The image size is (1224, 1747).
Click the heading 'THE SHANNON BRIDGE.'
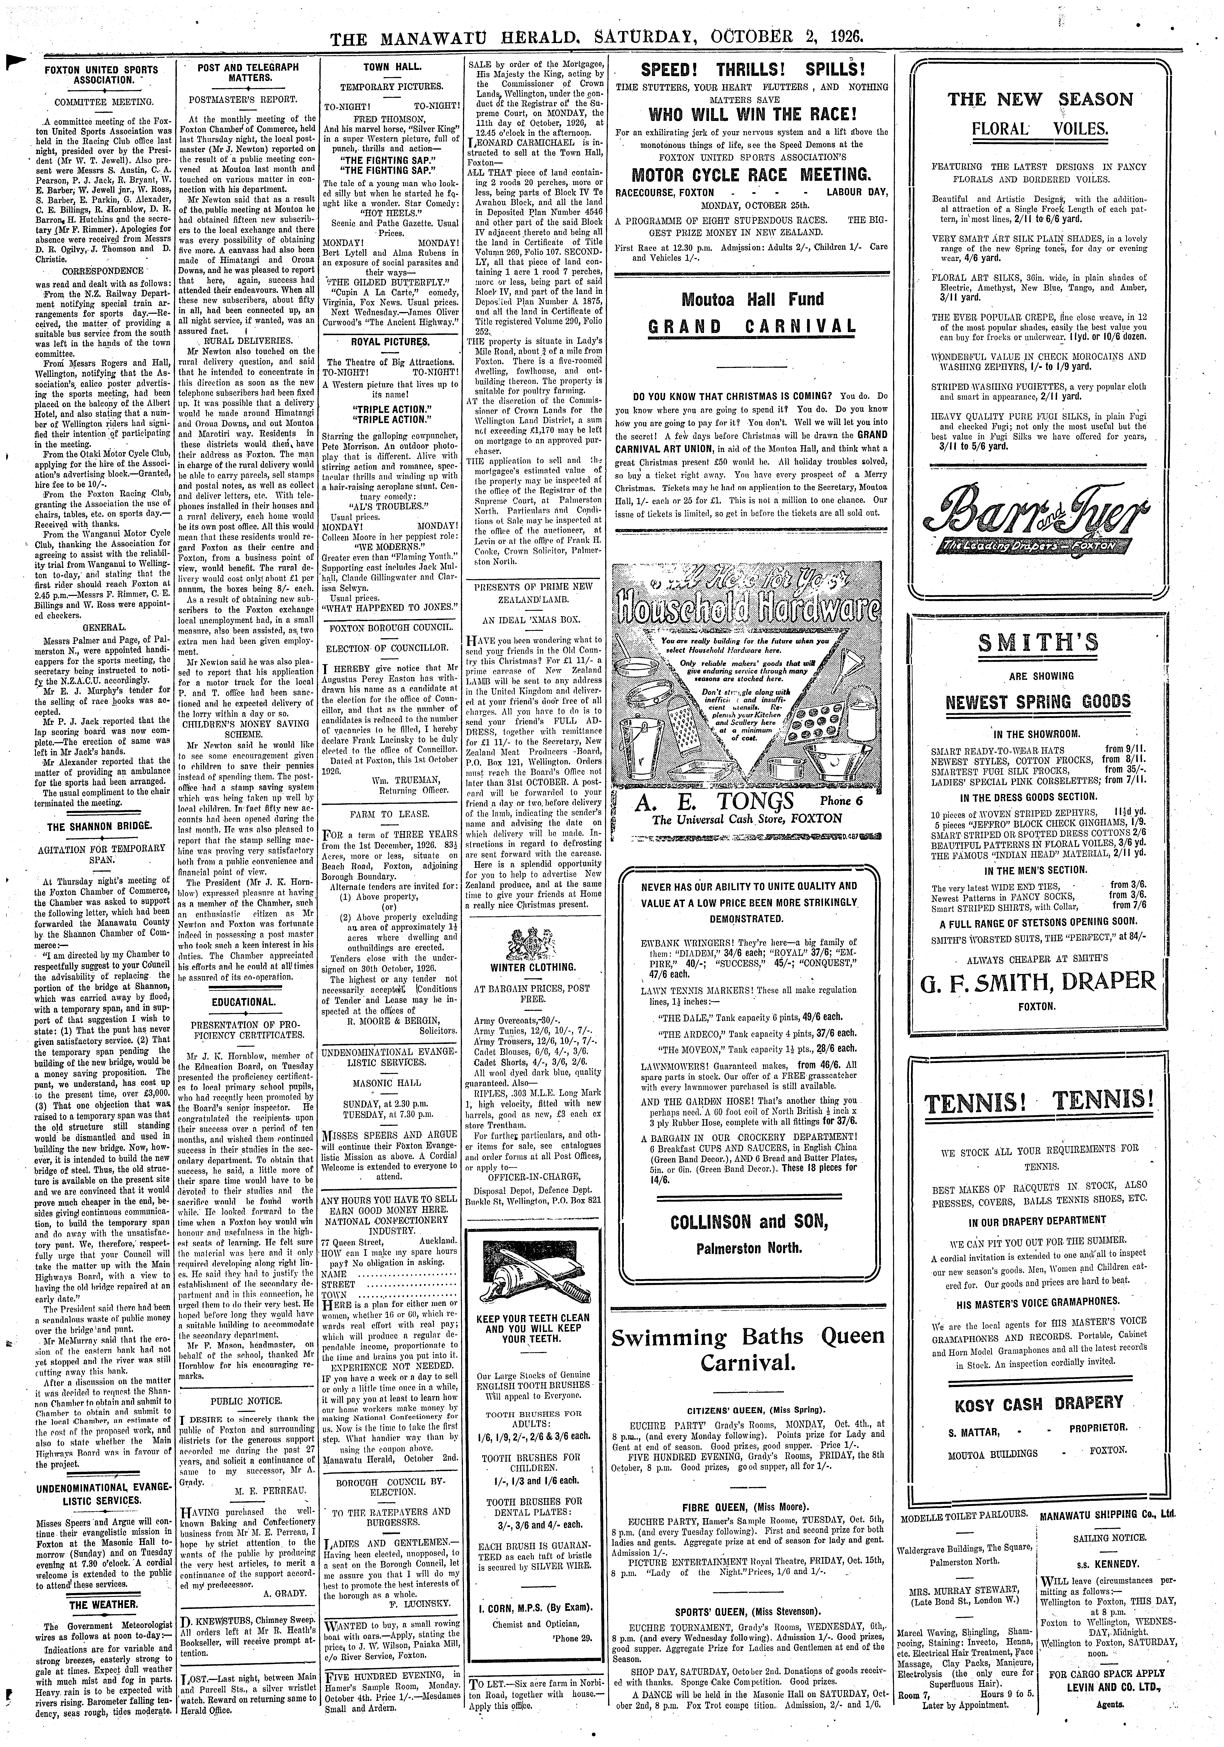click(103, 826)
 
